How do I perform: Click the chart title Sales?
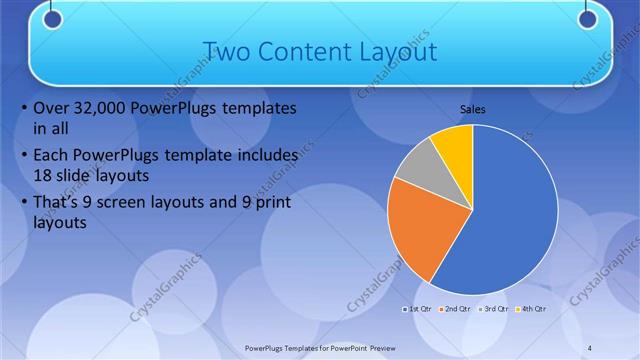coord(473,110)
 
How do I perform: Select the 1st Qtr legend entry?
coord(420,309)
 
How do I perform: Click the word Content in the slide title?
coord(309,51)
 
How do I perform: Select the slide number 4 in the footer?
coord(590,346)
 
